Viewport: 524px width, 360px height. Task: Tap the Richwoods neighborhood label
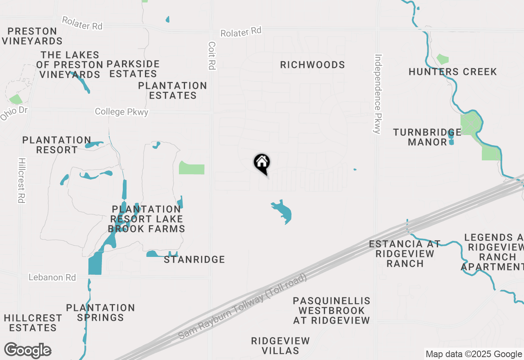pyautogui.click(x=312, y=65)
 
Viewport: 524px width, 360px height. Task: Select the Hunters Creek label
pyautogui.click(x=452, y=72)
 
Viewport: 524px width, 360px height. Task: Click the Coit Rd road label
pyautogui.click(x=212, y=55)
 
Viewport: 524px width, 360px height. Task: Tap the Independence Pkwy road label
pyautogui.click(x=377, y=94)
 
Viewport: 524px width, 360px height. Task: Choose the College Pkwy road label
pyautogui.click(x=121, y=112)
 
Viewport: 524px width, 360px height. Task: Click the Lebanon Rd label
pyautogui.click(x=52, y=277)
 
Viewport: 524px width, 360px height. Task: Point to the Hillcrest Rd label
pyautogui.click(x=22, y=180)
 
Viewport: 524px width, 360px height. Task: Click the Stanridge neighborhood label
pyautogui.click(x=194, y=260)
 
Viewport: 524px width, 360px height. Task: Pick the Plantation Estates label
pyautogui.click(x=172, y=90)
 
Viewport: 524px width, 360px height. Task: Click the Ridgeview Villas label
pyautogui.click(x=280, y=346)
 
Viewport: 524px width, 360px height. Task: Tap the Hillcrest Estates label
pyautogui.click(x=33, y=323)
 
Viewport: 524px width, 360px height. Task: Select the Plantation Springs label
pyautogui.click(x=100, y=313)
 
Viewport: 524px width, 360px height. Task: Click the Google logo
pyautogui.click(x=27, y=351)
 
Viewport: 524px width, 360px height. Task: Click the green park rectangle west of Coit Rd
pyautogui.click(x=192, y=168)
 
